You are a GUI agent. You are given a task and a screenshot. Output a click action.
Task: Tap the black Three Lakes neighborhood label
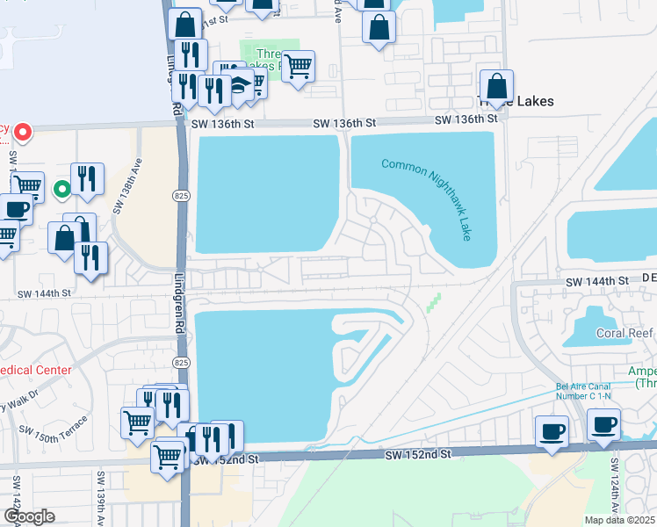point(518,101)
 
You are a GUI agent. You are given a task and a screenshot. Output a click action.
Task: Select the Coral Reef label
point(622,333)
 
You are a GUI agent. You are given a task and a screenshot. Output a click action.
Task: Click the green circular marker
point(61,188)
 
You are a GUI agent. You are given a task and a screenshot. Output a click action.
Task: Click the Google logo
point(29,516)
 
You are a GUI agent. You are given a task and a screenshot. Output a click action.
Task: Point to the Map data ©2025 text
point(620,520)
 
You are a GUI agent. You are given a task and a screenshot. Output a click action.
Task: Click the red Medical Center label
point(35,370)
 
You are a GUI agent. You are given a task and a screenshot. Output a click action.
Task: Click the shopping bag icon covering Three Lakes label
point(497,87)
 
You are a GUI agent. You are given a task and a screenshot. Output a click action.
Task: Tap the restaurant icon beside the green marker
point(85,178)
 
